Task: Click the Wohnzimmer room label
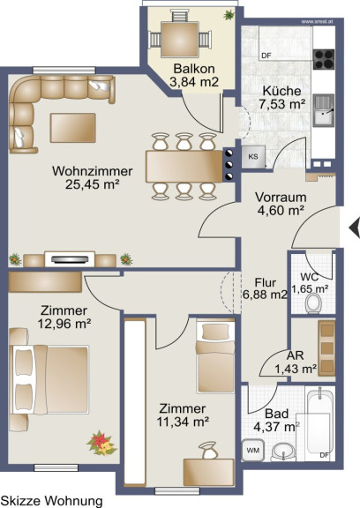pyautogui.click(x=93, y=171)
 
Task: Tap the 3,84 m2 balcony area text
pyautogui.click(x=194, y=82)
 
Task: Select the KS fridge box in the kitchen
pyautogui.click(x=253, y=157)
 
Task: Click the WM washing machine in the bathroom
pyautogui.click(x=252, y=450)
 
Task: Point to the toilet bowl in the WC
pyautogui.click(x=313, y=303)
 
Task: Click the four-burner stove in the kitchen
pyautogui.click(x=324, y=59)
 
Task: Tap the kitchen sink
pyautogui.click(x=324, y=110)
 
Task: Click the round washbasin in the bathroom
pyautogui.click(x=283, y=452)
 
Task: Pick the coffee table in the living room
pyautogui.click(x=73, y=128)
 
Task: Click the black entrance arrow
pyautogui.click(x=355, y=228)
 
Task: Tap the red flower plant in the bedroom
pyautogui.click(x=101, y=444)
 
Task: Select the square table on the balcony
pyautogui.click(x=180, y=39)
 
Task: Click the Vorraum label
pyautogui.click(x=281, y=197)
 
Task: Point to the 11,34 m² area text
pyautogui.click(x=183, y=422)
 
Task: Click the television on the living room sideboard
pyautogui.click(x=70, y=259)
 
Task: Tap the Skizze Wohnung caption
pyautogui.click(x=52, y=501)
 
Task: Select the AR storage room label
pyautogui.click(x=296, y=355)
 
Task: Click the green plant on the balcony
pyautogui.click(x=229, y=15)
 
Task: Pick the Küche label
pyautogui.click(x=281, y=91)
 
